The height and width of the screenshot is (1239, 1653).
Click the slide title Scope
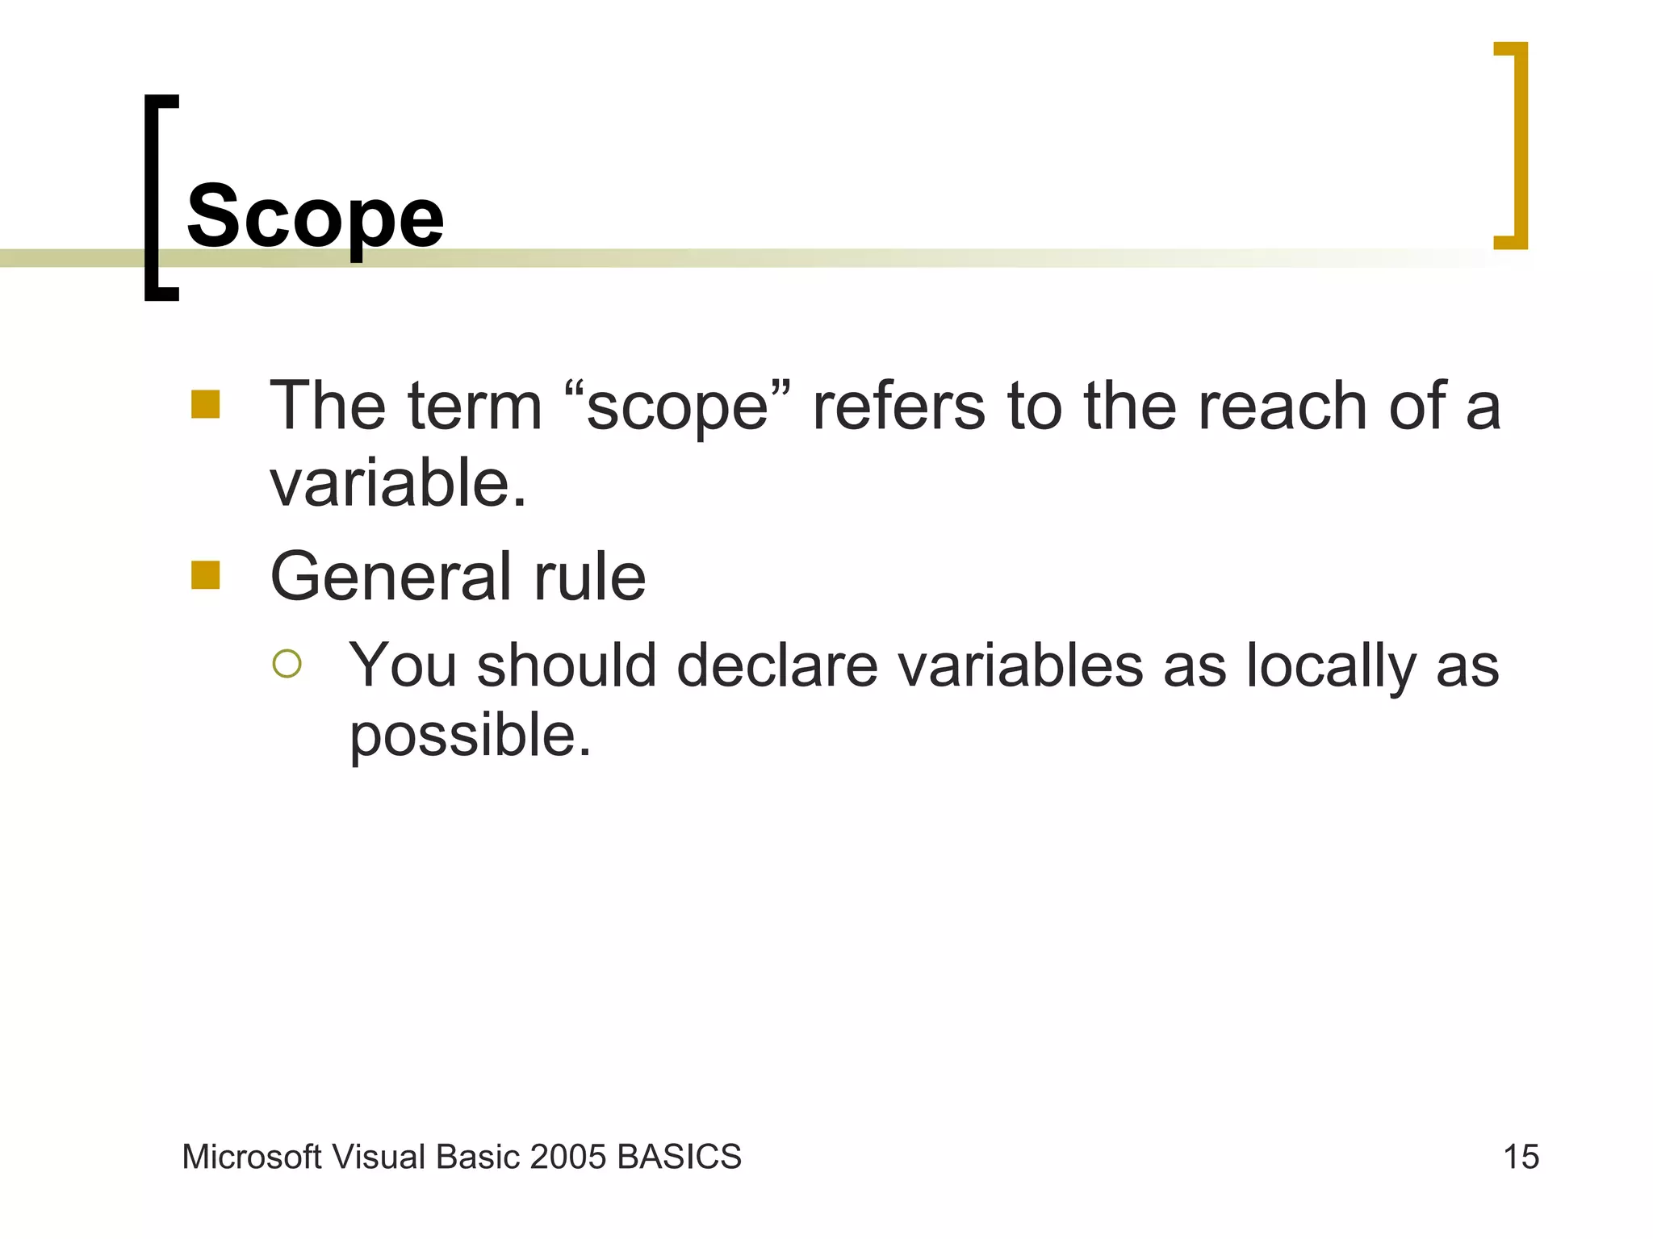pyautogui.click(x=315, y=216)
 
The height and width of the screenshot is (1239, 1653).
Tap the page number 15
pyautogui.click(x=1521, y=1157)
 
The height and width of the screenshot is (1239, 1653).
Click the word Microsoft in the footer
pyautogui.click(x=252, y=1157)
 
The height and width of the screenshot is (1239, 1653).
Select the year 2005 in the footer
pyautogui.click(x=568, y=1157)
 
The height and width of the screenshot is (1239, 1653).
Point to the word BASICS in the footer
pyautogui.click(x=679, y=1157)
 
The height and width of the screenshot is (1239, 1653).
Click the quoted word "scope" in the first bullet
pyautogui.click(x=677, y=407)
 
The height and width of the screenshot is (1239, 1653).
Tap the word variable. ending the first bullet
pyautogui.click(x=398, y=483)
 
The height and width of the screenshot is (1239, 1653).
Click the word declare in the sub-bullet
pyautogui.click(x=776, y=666)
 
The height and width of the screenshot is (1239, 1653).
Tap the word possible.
pyautogui.click(x=470, y=736)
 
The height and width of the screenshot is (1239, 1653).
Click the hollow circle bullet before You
pyautogui.click(x=287, y=664)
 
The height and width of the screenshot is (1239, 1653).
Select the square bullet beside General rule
pyautogui.click(x=206, y=575)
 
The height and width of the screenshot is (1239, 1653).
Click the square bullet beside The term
pyautogui.click(x=206, y=404)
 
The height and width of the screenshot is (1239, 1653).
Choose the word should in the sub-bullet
pyautogui.click(x=567, y=666)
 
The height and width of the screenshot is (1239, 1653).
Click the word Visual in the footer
pyautogui.click(x=379, y=1157)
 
